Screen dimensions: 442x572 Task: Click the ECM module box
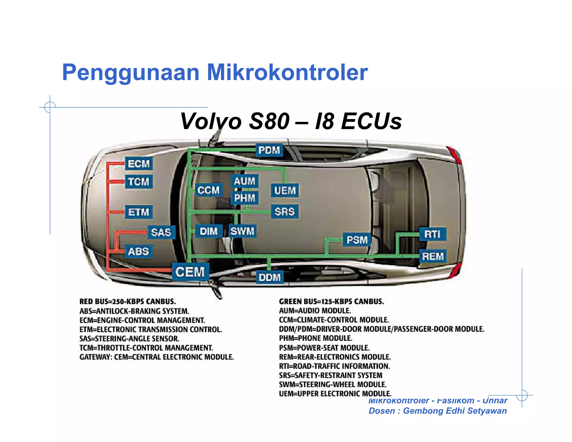[x=139, y=164]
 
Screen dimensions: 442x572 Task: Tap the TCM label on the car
[x=139, y=182]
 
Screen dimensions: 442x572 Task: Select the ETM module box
[x=139, y=212]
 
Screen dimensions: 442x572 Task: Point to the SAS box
[x=161, y=232]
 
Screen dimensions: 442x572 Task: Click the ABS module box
[x=139, y=251]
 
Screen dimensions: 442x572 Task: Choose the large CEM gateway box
[x=190, y=272]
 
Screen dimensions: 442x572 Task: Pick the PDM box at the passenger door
[x=269, y=150]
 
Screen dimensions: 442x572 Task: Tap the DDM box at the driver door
[x=270, y=277]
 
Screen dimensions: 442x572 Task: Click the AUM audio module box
[x=244, y=181]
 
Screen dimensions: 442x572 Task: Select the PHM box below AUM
[x=244, y=198]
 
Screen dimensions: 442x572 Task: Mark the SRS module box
[x=284, y=212]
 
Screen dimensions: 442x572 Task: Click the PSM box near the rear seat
[x=357, y=240]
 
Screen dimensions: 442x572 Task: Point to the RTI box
[x=432, y=234]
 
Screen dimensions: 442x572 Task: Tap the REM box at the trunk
[x=433, y=256]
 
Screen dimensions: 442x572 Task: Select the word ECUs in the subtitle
[x=371, y=121]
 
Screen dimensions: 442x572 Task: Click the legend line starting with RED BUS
[x=128, y=302]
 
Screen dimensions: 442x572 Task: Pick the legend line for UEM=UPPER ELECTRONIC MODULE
[x=335, y=394]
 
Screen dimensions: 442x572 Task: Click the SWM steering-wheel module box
[x=242, y=231]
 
